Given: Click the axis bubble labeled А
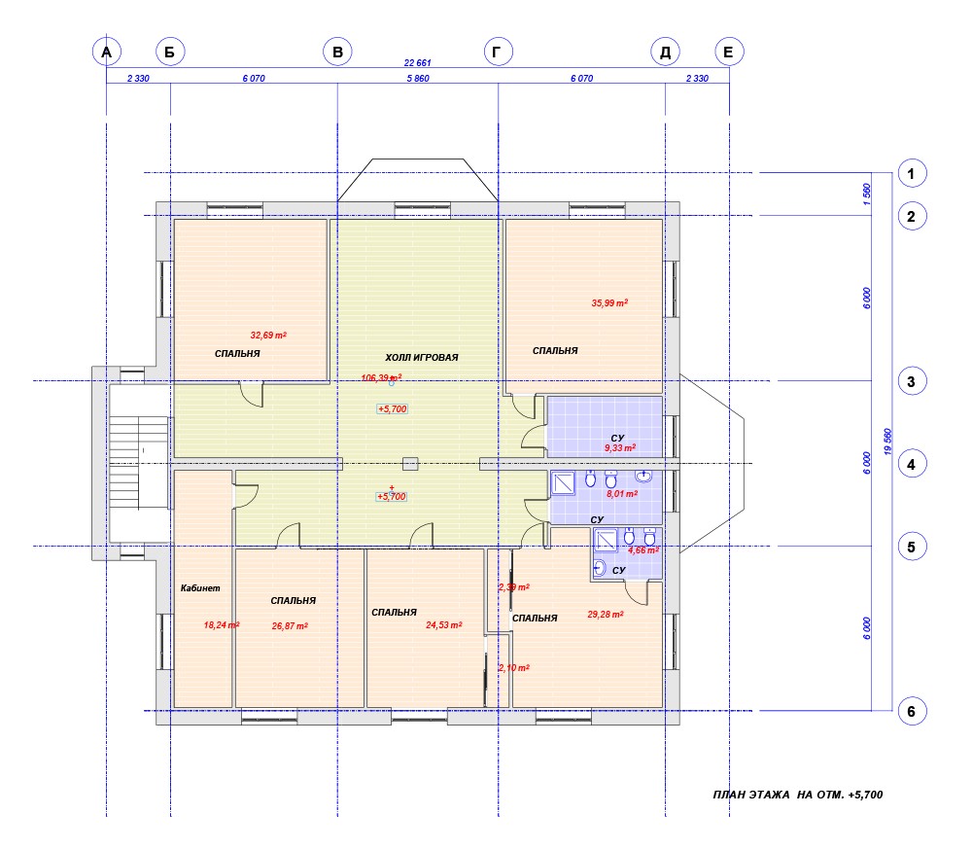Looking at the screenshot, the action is pyautogui.click(x=107, y=52).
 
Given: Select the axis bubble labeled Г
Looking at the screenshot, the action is pyautogui.click(x=498, y=52).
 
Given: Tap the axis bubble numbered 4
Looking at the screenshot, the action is pyautogui.click(x=912, y=464).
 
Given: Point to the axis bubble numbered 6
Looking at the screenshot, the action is pyautogui.click(x=912, y=711).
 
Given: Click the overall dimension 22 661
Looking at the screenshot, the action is pyautogui.click(x=417, y=62).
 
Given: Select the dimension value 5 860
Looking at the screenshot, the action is pyautogui.click(x=418, y=78).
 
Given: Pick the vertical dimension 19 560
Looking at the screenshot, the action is pyautogui.click(x=887, y=442).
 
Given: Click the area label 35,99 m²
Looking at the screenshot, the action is pyautogui.click(x=609, y=302).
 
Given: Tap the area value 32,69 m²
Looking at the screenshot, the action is pyautogui.click(x=268, y=335).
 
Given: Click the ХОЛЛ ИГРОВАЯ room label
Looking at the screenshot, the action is pyautogui.click(x=422, y=357).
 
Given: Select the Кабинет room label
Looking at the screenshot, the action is pyautogui.click(x=200, y=588).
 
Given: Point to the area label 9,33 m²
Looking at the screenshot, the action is pyautogui.click(x=620, y=448).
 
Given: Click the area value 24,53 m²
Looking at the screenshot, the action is pyautogui.click(x=444, y=624).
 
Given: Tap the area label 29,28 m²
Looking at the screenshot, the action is pyautogui.click(x=606, y=615).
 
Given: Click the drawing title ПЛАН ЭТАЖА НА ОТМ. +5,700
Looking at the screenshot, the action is pyautogui.click(x=798, y=795).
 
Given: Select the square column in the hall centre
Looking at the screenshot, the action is pyautogui.click(x=410, y=464).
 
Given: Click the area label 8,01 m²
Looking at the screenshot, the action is pyautogui.click(x=622, y=494).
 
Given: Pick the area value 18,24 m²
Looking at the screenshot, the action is pyautogui.click(x=222, y=624).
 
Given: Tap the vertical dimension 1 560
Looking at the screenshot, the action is pyautogui.click(x=867, y=195).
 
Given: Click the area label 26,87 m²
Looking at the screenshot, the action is pyautogui.click(x=290, y=626).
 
